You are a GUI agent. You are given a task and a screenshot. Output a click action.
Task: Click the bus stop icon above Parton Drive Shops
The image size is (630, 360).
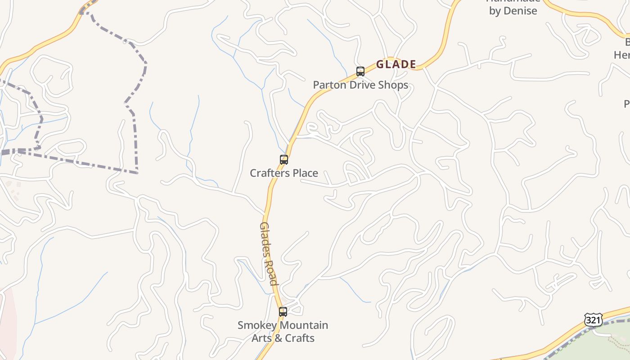point(360,72)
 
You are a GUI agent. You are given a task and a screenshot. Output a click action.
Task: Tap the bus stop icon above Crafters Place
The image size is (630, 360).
point(284,160)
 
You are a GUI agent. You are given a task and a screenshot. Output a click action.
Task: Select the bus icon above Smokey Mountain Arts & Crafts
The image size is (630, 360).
point(283,311)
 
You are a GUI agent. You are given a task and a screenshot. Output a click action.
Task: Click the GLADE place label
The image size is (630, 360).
point(396,64)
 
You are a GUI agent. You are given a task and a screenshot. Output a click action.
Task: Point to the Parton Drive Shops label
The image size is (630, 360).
point(360,85)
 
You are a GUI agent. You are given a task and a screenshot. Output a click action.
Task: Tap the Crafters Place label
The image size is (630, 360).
point(284,173)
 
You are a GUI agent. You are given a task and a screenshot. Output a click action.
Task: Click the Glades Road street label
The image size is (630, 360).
point(269,253)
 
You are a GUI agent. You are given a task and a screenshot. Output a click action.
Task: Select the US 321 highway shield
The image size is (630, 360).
point(593,320)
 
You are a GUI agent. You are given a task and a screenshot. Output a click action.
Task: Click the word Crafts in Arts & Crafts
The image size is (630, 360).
point(298,338)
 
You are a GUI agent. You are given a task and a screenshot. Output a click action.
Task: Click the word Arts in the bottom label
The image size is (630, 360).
point(261,338)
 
